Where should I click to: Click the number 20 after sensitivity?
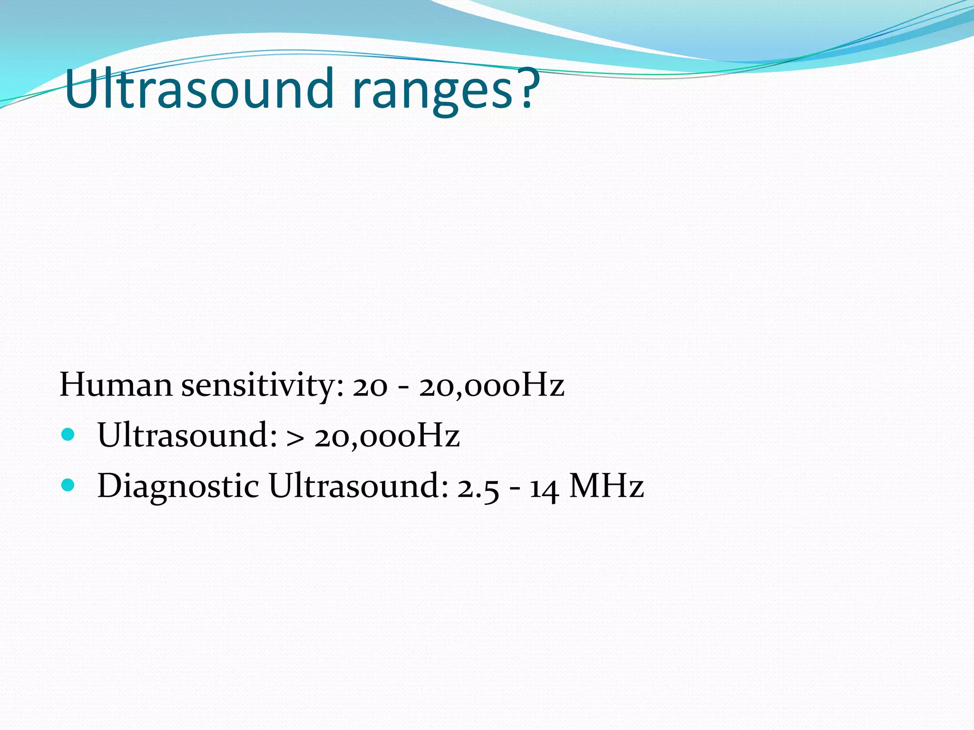click(x=370, y=387)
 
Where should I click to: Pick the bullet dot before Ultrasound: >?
click(x=68, y=434)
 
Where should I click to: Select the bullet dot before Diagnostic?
click(x=68, y=485)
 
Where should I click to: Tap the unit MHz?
click(x=606, y=486)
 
